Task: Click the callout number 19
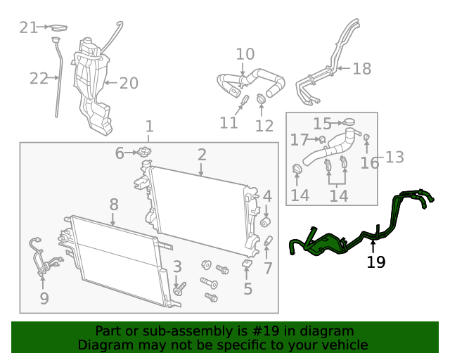point(376,262)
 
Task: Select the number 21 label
point(29,27)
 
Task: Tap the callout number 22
point(39,78)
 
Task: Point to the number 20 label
point(128,84)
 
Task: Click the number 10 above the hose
point(245,54)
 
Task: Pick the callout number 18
point(361,69)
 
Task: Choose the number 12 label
point(264,127)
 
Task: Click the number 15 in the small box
point(322,124)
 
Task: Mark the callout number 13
point(394,157)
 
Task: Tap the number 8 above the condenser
point(114,205)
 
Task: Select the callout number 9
point(44,299)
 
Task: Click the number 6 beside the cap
point(120,153)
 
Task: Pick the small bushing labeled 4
point(266,222)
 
